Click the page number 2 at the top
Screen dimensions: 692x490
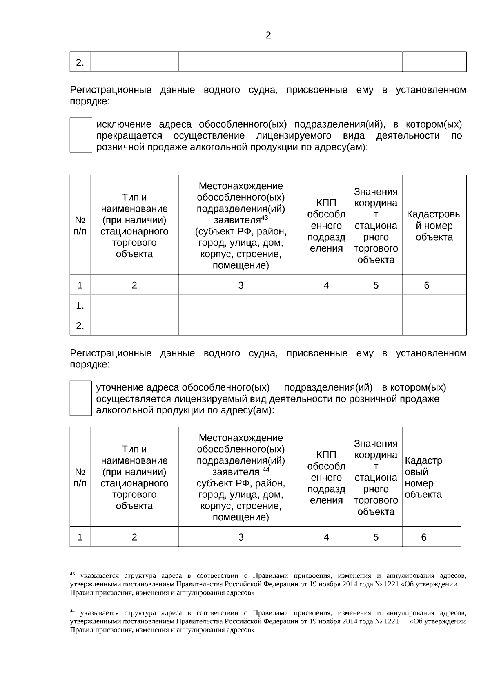(x=268, y=35)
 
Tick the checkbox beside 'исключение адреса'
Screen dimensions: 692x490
(x=81, y=135)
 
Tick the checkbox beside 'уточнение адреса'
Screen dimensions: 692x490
(x=81, y=398)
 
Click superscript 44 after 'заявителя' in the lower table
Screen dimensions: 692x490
(x=266, y=470)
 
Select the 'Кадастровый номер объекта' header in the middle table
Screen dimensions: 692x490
(x=434, y=226)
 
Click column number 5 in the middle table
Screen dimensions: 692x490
(x=376, y=285)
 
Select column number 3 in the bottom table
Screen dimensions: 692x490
(x=241, y=537)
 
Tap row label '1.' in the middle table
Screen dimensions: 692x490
(x=80, y=305)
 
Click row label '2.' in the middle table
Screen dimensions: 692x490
(x=80, y=326)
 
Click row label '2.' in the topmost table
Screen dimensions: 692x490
(x=80, y=62)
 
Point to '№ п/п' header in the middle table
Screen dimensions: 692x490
(x=80, y=226)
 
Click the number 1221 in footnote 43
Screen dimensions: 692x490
(x=391, y=584)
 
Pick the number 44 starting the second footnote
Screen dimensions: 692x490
(x=72, y=611)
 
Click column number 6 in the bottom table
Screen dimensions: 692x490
(x=423, y=537)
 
